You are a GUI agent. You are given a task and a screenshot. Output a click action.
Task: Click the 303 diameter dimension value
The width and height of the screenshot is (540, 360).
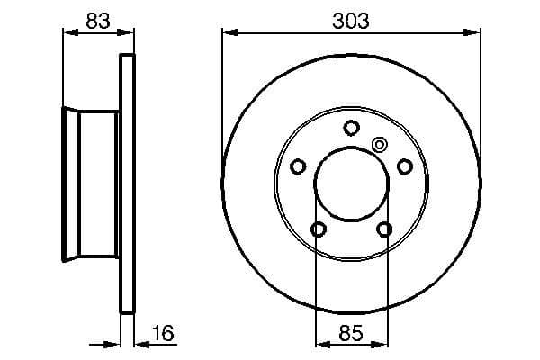pos(351,20)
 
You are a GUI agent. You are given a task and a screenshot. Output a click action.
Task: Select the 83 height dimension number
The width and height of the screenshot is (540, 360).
pos(98,20)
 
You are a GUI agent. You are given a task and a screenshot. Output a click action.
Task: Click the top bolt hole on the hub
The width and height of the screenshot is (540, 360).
pos(351,127)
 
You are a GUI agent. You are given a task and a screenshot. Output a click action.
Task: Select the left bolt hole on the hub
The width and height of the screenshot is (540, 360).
pos(299,166)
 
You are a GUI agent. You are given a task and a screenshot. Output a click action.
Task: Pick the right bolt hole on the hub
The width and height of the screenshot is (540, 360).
pos(404,166)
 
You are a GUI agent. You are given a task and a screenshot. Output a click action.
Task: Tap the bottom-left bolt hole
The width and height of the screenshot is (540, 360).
pos(318,229)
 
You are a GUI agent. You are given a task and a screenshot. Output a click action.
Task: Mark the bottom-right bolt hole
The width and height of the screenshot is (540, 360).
pos(384,229)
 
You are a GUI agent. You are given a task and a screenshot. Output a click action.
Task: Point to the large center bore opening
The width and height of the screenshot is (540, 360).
pos(351,184)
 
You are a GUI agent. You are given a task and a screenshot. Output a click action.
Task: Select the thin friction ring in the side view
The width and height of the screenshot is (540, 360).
pos(128,184)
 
